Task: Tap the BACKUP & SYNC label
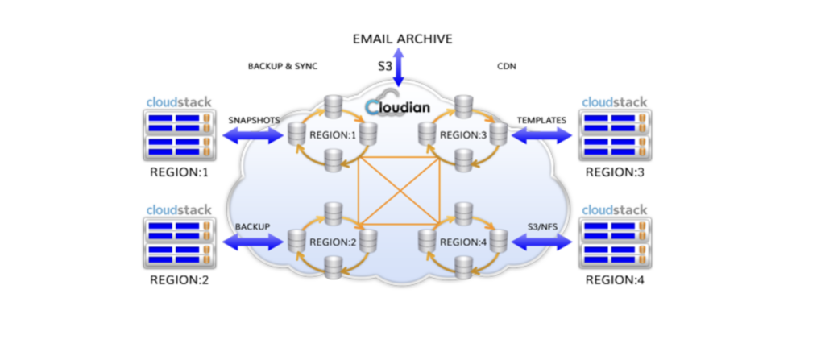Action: point(283,66)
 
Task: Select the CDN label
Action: point(506,66)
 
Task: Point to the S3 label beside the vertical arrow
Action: point(385,67)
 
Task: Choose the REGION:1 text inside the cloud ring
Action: point(333,134)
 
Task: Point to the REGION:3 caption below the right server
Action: point(614,172)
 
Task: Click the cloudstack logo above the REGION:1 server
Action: point(179,102)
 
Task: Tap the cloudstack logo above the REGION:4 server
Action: point(614,210)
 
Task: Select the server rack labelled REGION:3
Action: point(614,134)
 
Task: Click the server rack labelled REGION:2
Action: point(179,243)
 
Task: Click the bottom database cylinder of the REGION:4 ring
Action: point(462,269)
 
